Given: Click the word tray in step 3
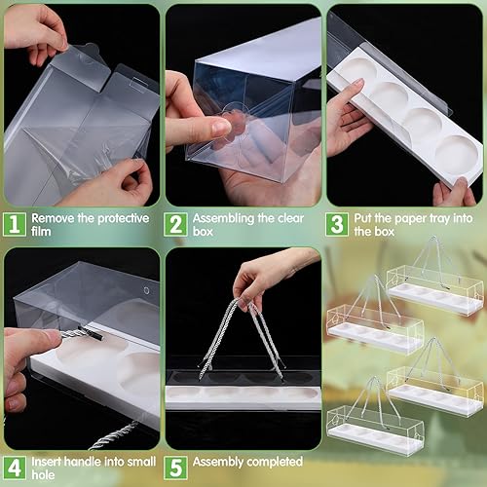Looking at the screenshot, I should [x=430, y=218].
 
